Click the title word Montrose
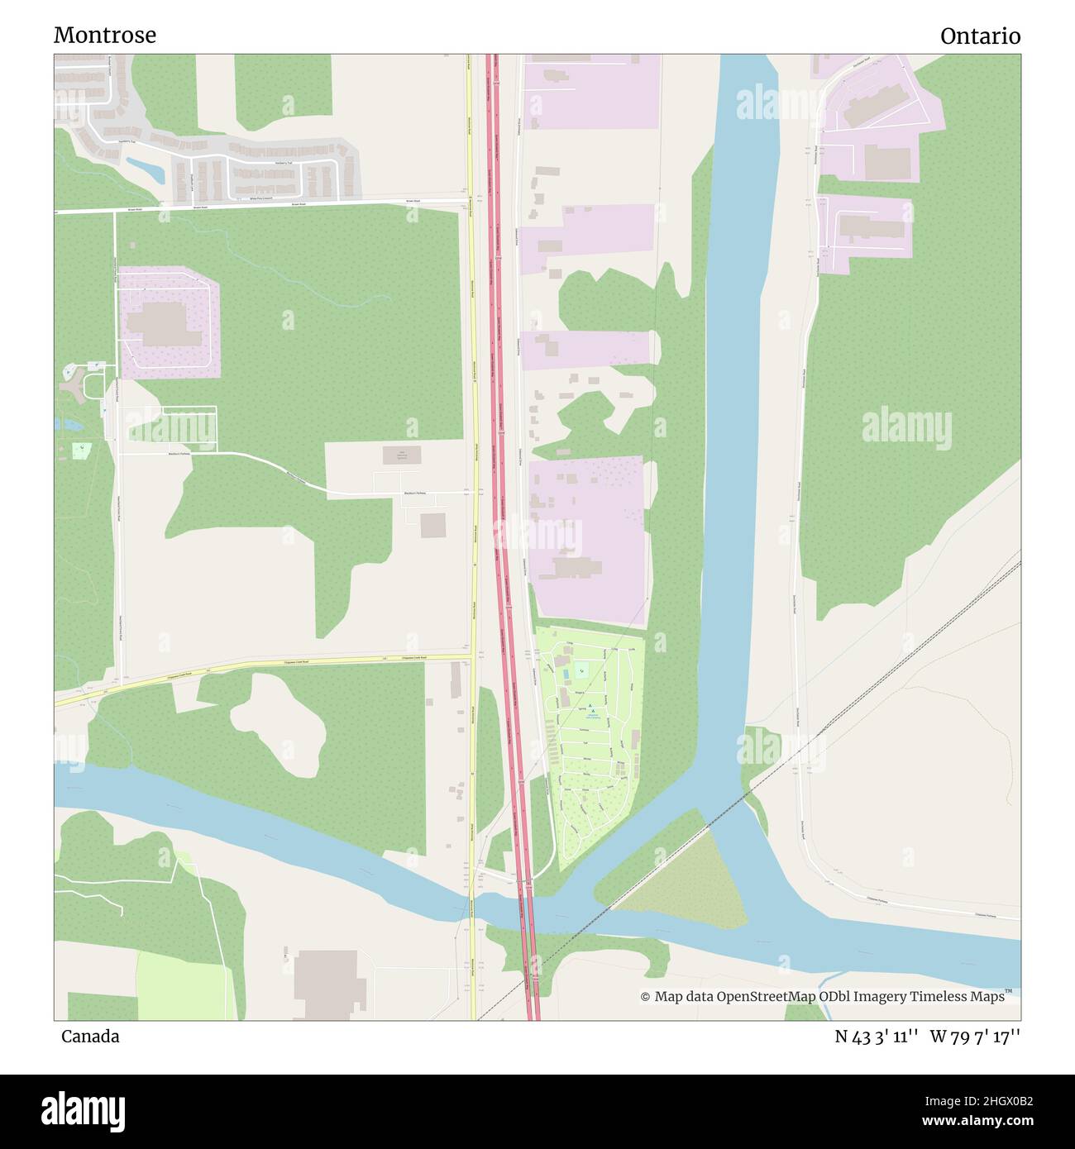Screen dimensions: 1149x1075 tap(105, 36)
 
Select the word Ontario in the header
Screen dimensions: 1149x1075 tap(980, 36)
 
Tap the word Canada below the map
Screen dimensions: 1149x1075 tap(90, 1036)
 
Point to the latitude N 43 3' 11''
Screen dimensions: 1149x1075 tap(877, 1036)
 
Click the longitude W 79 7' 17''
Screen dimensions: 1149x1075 tap(975, 1036)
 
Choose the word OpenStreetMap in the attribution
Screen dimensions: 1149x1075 tap(767, 997)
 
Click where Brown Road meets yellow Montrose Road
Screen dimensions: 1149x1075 tap(469, 201)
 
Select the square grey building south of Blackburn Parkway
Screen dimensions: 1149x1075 tap(432, 525)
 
